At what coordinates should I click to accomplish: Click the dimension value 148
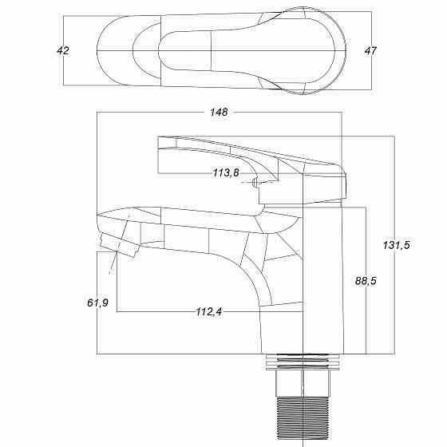[219, 113]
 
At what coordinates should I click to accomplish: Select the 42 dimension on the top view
[64, 50]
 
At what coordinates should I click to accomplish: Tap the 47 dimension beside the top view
[370, 50]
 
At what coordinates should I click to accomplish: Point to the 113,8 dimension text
[226, 173]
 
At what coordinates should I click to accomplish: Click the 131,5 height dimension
[396, 245]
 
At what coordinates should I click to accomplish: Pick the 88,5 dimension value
[366, 281]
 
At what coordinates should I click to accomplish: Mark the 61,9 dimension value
[97, 303]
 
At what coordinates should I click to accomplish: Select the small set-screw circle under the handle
[255, 183]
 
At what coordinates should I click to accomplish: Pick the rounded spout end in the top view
[120, 50]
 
